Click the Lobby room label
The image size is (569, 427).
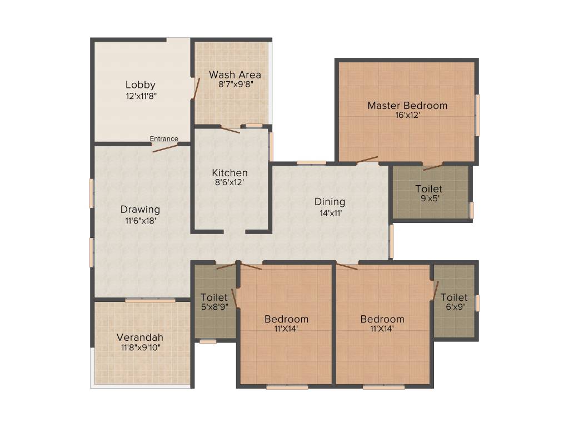click(x=140, y=85)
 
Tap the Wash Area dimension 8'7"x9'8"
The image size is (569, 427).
click(x=235, y=85)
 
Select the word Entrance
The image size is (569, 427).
click(x=164, y=139)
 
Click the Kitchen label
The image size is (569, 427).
click(x=229, y=173)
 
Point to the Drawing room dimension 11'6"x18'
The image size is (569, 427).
click(x=140, y=220)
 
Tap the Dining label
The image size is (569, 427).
click(x=330, y=202)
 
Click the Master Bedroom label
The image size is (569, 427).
click(x=407, y=106)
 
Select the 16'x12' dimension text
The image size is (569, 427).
click(x=407, y=116)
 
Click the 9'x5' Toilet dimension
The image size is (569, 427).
click(x=428, y=198)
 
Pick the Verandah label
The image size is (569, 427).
click(x=139, y=337)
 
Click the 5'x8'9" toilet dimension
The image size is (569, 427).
click(x=214, y=307)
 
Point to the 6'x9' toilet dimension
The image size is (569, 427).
click(x=453, y=307)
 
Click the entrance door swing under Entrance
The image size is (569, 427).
click(x=165, y=148)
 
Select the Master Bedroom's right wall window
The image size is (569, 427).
click(x=477, y=115)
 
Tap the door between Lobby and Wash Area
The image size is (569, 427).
click(x=196, y=89)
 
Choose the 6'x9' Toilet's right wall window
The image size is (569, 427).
click(x=477, y=303)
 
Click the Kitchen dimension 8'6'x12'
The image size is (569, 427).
click(x=229, y=182)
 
